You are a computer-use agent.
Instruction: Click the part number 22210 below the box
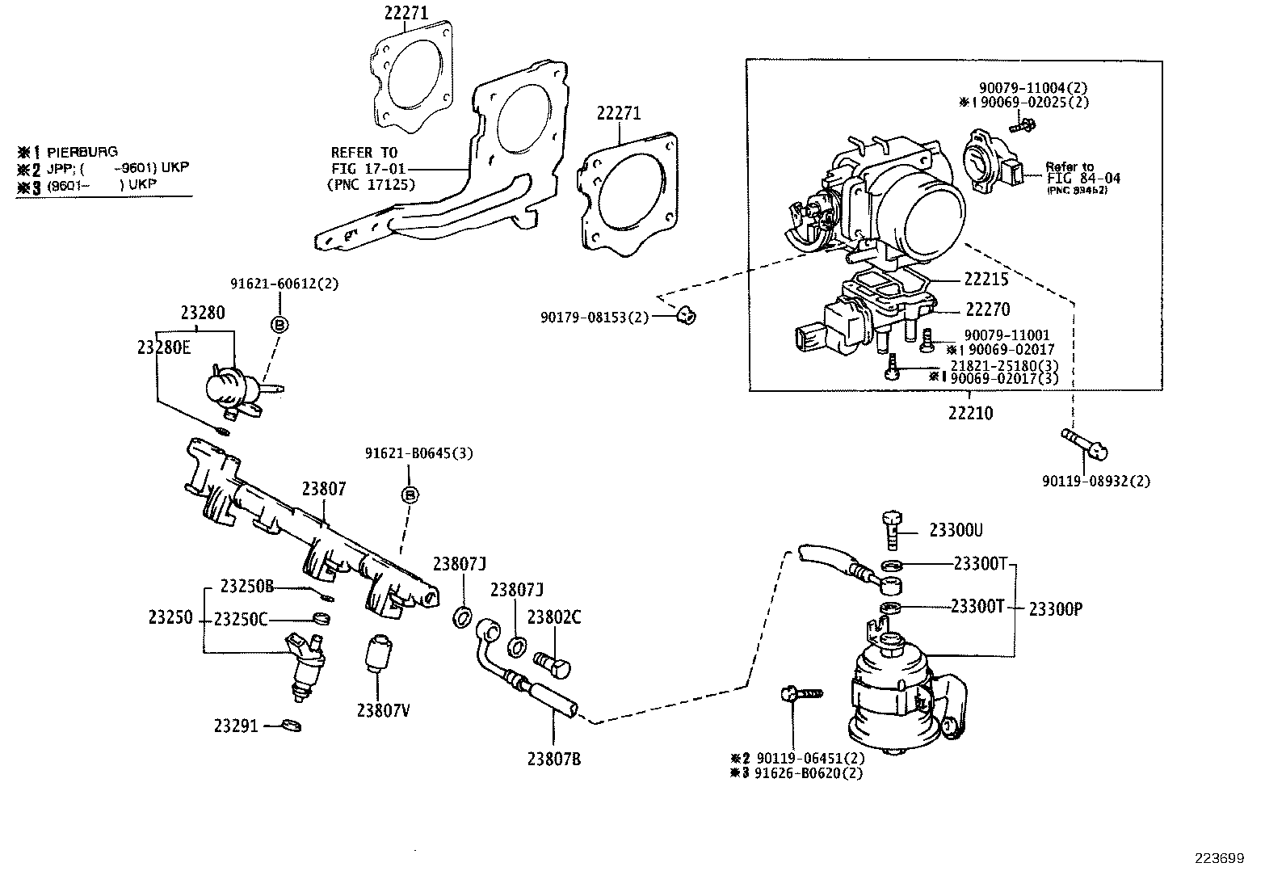[x=970, y=414]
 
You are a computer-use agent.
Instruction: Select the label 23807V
[x=383, y=710]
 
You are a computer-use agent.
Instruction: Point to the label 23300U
[x=956, y=531]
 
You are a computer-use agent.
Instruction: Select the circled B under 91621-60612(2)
[x=279, y=324]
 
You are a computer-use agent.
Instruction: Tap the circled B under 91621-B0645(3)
[x=410, y=494]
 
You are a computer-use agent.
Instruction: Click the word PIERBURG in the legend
[x=82, y=151]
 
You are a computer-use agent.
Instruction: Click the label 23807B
[x=553, y=759]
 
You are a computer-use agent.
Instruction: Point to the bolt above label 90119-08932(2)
[x=1085, y=444]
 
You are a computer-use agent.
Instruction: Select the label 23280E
[x=164, y=347]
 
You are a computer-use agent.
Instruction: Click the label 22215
[x=986, y=279]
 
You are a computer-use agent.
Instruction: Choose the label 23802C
[x=553, y=617]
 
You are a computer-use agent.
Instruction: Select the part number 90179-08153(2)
[x=594, y=318]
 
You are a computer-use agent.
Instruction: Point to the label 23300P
[x=1055, y=609]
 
